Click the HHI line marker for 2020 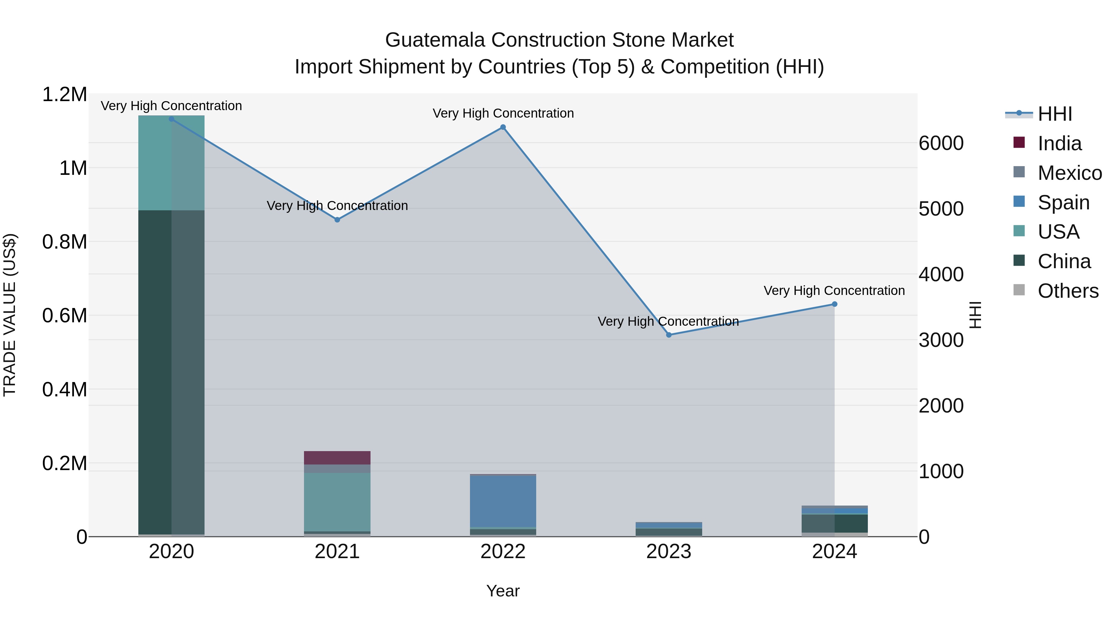(171, 119)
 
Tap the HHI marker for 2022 (503, 127)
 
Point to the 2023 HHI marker (669, 335)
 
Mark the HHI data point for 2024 (835, 304)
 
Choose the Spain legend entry (1063, 203)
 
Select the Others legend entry (1067, 291)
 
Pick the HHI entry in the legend (1054, 114)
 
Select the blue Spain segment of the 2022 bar (503, 501)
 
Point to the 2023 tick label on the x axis (669, 552)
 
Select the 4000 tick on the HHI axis (941, 274)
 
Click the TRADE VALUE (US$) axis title (10, 315)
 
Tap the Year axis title (503, 591)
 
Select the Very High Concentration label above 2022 (503, 114)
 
